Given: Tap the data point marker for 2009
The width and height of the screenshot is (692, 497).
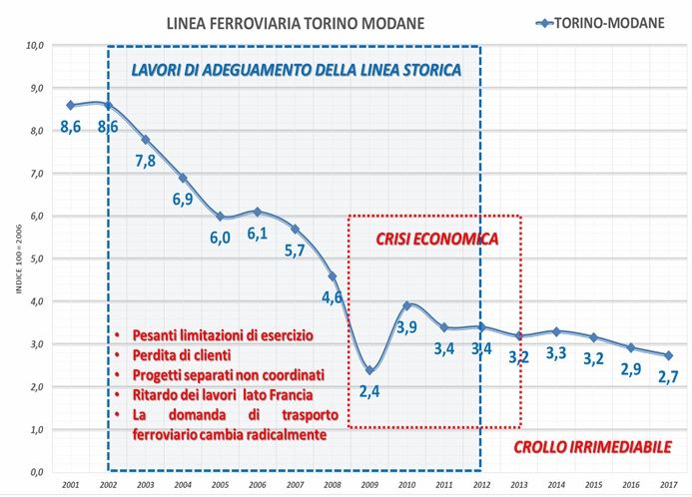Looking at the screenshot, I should coord(369,369).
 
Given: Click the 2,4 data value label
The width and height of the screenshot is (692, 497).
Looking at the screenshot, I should coord(369,391).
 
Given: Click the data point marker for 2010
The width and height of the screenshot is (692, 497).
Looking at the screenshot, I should coord(406,305).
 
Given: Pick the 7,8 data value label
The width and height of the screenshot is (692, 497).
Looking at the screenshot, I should coord(146,162).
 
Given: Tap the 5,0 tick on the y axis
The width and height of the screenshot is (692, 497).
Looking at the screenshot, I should coord(37,258).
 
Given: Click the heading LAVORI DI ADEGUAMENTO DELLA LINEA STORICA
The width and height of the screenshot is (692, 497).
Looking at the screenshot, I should coord(297,71).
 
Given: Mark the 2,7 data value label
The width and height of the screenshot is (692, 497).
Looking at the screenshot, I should coord(668,377).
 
